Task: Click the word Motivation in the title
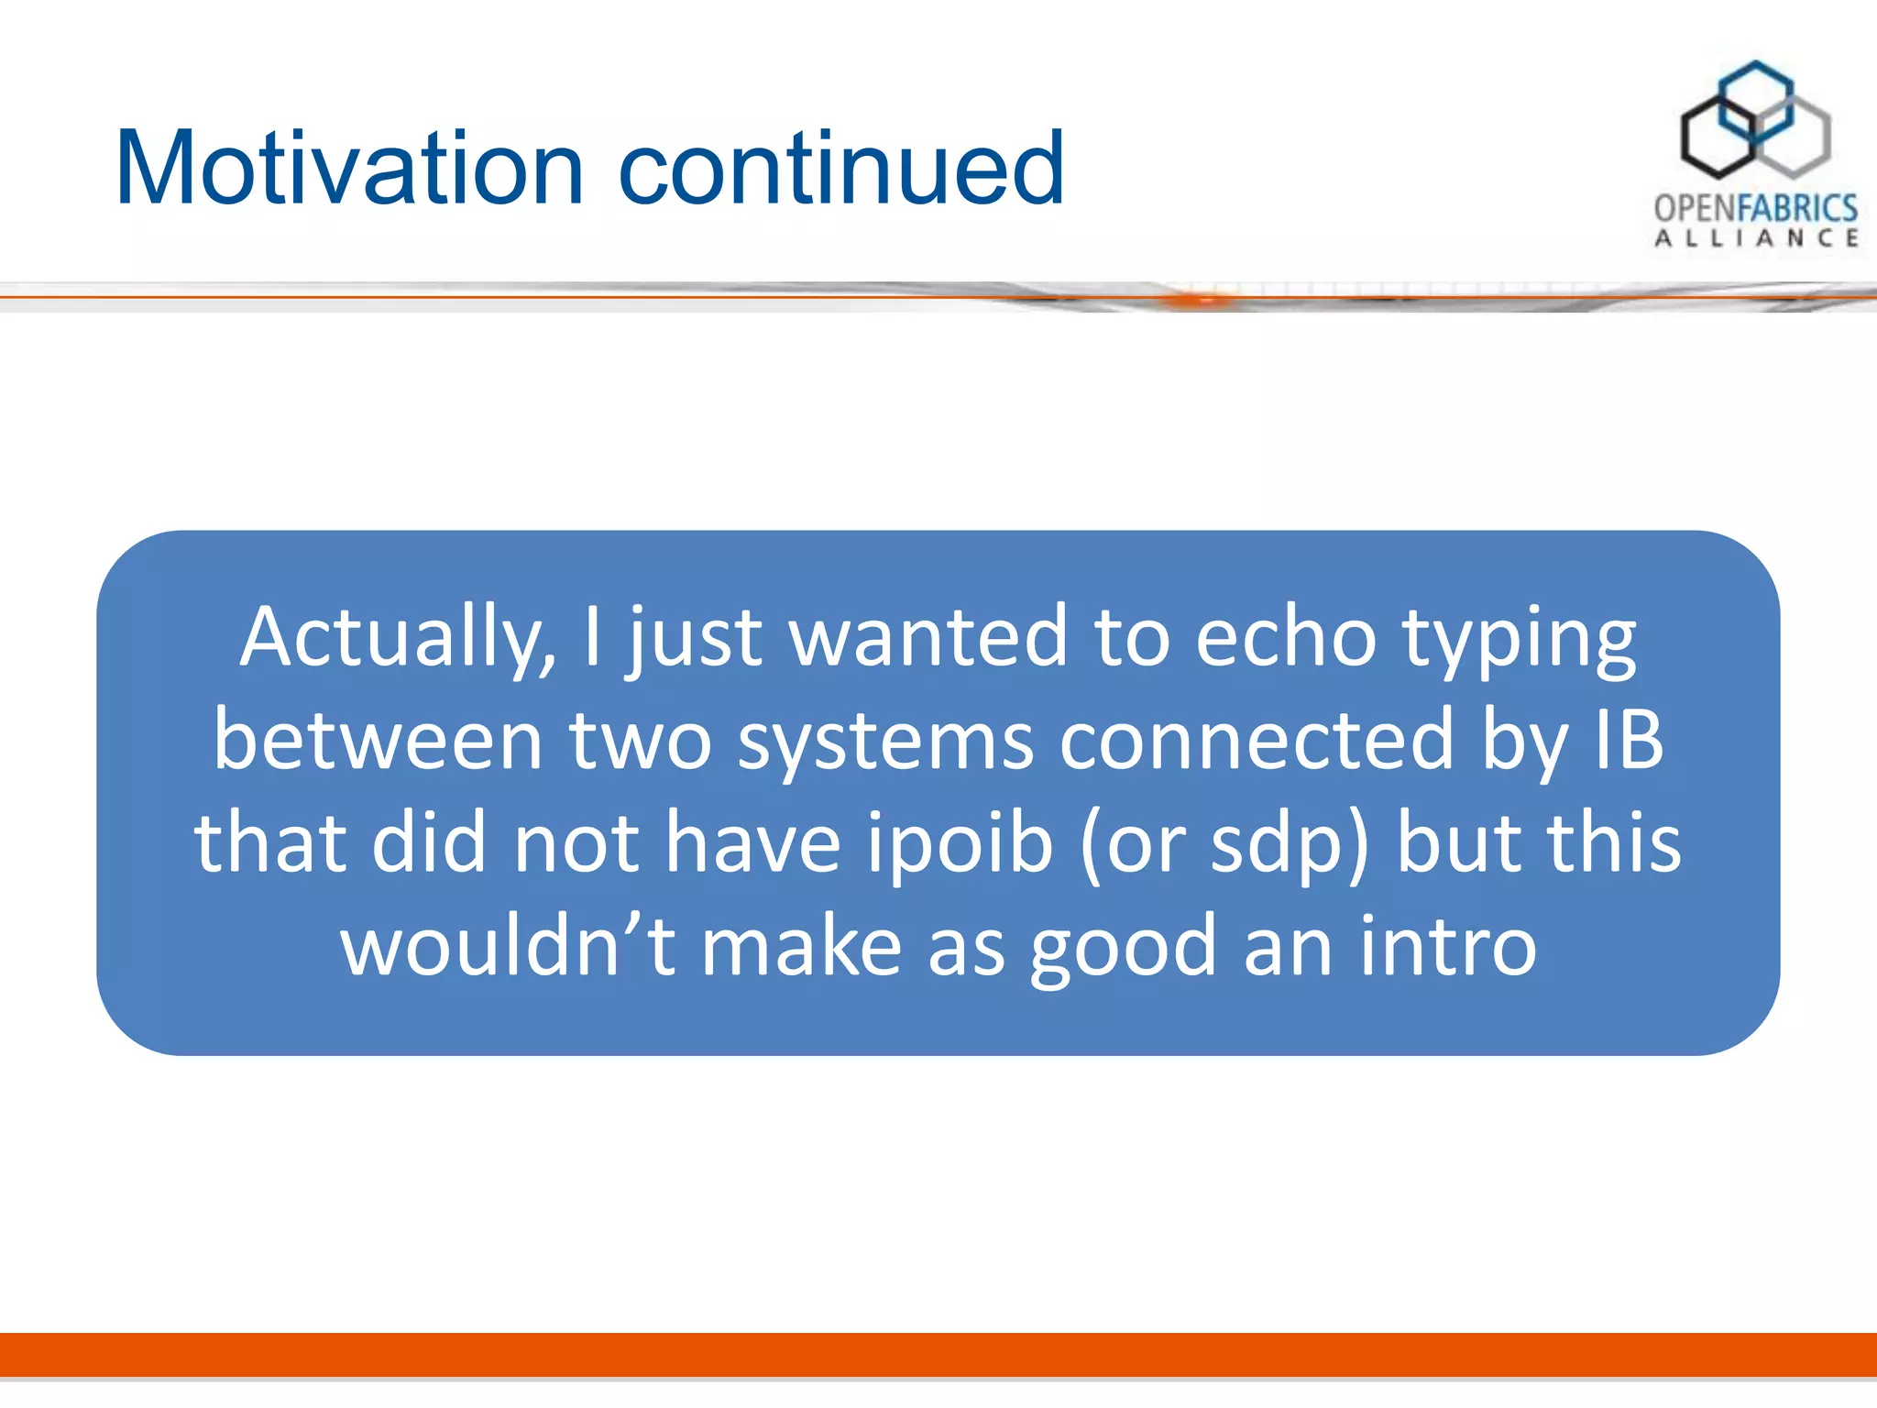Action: pyautogui.click(x=349, y=169)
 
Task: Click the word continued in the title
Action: pyautogui.click(x=841, y=169)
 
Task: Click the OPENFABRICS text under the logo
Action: pyautogui.click(x=1755, y=209)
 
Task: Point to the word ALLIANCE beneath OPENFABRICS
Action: pyautogui.click(x=1755, y=239)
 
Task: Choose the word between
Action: pyautogui.click(x=379, y=741)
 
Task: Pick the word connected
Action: pyautogui.click(x=1257, y=741)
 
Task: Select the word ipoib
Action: pyautogui.click(x=960, y=844)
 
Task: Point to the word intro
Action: pyautogui.click(x=1448, y=946)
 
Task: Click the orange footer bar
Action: pyautogui.click(x=938, y=1354)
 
